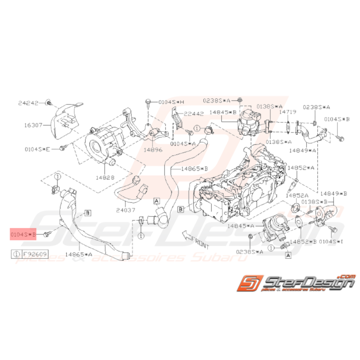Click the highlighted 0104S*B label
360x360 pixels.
[x=23, y=234]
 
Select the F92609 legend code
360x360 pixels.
[x=34, y=254]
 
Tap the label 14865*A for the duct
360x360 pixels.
[x=79, y=254]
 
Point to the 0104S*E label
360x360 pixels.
[x=37, y=148]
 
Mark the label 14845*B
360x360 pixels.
[x=222, y=112]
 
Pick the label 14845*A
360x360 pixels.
[x=241, y=225]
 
